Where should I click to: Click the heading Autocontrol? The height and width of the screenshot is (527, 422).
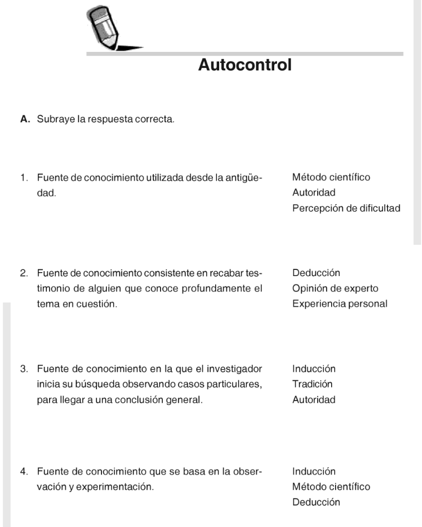[245, 65]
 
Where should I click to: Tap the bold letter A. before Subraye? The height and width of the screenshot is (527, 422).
[24, 119]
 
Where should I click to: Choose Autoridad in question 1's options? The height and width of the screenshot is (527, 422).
[313, 193]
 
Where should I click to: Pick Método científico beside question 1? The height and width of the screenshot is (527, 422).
[331, 177]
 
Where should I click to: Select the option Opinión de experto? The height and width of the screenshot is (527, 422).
[335, 288]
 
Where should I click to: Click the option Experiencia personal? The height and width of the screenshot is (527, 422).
[339, 304]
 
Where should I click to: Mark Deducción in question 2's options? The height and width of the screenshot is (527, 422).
[316, 273]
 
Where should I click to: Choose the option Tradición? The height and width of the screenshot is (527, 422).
[312, 384]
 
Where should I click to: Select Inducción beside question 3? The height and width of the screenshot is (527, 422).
[314, 369]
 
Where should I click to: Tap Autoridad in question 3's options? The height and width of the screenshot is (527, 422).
[313, 400]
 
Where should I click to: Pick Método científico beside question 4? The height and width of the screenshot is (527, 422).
[331, 487]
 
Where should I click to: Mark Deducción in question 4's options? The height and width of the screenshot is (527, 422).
[316, 502]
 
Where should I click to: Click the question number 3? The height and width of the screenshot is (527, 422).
[23, 369]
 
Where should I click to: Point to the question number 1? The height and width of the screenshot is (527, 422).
[23, 177]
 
